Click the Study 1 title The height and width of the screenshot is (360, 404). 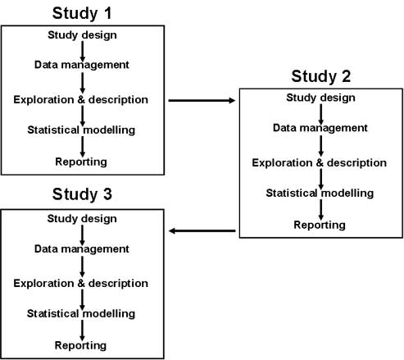(x=82, y=13)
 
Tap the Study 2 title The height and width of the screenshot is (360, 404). (x=321, y=76)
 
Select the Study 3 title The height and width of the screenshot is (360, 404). (x=82, y=194)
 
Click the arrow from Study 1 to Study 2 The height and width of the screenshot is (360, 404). (x=202, y=101)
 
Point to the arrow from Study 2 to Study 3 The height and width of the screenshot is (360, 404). (x=202, y=231)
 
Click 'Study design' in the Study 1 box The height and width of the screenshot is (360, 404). (x=82, y=35)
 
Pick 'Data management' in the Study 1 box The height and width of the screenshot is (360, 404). (x=82, y=65)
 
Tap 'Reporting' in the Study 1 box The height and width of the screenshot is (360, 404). (x=81, y=162)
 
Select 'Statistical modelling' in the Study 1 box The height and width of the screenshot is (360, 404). (x=81, y=130)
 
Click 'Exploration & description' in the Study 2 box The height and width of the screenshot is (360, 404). (x=320, y=163)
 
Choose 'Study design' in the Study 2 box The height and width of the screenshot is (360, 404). (x=320, y=98)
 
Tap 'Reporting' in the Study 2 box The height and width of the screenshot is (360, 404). (x=320, y=225)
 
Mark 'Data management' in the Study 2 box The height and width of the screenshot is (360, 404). (x=320, y=128)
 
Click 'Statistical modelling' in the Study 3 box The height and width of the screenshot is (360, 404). (x=81, y=313)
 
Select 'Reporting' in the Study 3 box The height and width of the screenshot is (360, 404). (x=80, y=345)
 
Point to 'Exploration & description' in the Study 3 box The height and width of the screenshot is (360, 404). (x=81, y=284)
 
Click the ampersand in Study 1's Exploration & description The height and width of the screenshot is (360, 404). (x=81, y=100)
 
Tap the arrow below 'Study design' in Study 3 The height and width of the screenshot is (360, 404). (x=82, y=235)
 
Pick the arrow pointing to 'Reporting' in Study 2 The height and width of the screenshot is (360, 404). (x=321, y=210)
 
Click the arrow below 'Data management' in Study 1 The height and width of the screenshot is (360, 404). (x=83, y=83)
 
